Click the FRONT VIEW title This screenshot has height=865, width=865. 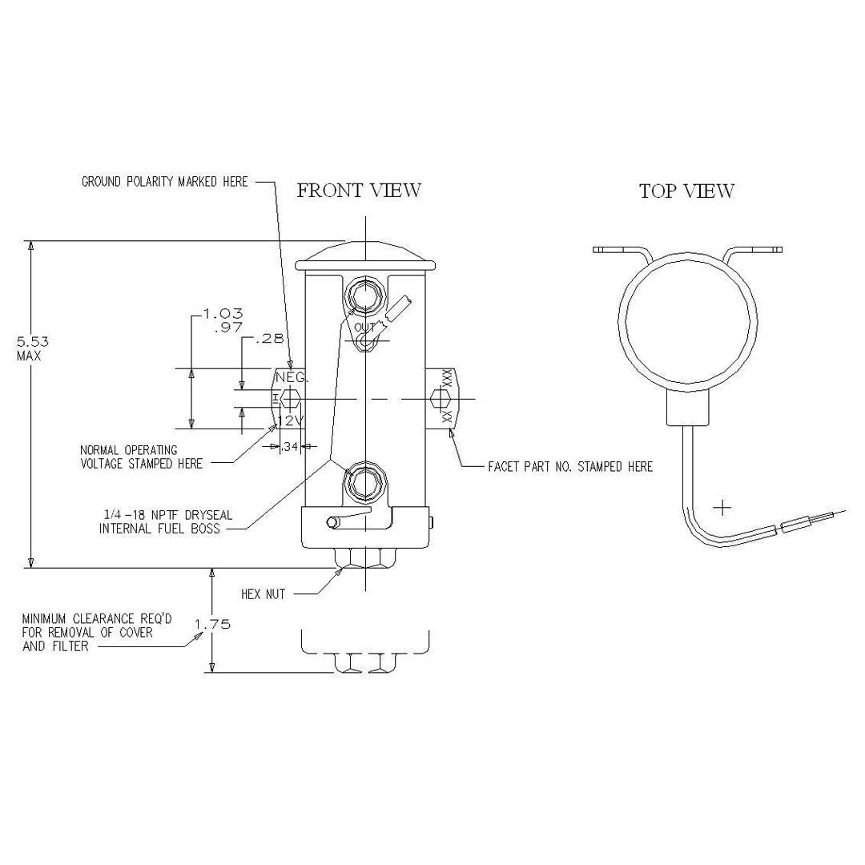click(x=359, y=191)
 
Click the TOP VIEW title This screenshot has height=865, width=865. click(x=686, y=191)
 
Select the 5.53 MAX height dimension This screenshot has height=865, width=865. click(x=29, y=348)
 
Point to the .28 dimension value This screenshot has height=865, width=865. click(x=269, y=339)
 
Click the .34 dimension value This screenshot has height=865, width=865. click(x=290, y=446)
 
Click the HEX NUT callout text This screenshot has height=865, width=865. click(x=264, y=594)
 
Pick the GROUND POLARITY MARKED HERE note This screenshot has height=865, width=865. click(x=165, y=182)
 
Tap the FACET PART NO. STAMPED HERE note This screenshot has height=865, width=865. click(x=570, y=466)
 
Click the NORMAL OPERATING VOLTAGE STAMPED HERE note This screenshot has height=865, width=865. click(x=141, y=457)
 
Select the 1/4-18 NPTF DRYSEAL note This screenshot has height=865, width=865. click(x=166, y=521)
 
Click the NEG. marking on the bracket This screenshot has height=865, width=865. click(x=291, y=377)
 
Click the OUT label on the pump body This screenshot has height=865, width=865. click(x=364, y=328)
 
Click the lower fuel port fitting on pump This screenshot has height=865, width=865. click(x=364, y=483)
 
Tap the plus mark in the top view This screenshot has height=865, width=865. click(x=723, y=507)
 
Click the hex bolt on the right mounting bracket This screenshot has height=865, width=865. click(x=440, y=399)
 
